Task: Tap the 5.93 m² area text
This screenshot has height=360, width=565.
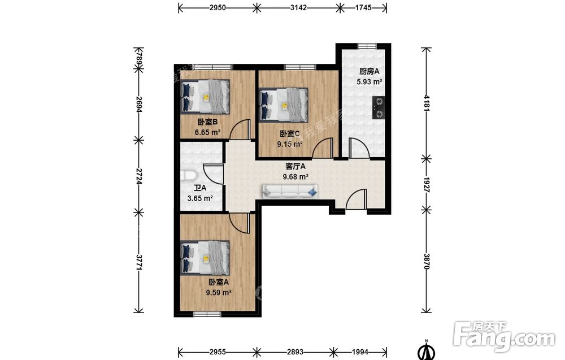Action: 370,82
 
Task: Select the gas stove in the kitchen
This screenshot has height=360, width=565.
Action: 379,108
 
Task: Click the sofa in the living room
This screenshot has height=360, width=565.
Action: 290,192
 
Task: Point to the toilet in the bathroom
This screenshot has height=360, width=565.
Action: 188,176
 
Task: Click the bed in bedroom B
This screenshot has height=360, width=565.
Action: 205,97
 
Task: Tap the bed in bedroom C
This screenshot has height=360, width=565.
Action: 284,105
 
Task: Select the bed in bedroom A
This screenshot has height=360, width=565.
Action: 205,258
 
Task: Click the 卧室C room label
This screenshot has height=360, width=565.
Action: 290,134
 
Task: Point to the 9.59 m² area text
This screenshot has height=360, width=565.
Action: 219,293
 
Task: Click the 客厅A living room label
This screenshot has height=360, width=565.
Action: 295,167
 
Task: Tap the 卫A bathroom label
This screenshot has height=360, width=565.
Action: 200,188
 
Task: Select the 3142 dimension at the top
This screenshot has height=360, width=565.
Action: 298,7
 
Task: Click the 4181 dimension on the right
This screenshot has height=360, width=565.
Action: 427,103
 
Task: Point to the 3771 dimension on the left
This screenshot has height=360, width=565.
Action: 139,262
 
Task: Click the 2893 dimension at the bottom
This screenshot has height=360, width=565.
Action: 295,352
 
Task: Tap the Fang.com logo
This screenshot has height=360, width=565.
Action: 505,337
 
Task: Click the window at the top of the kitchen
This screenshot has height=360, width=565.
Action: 367,46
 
